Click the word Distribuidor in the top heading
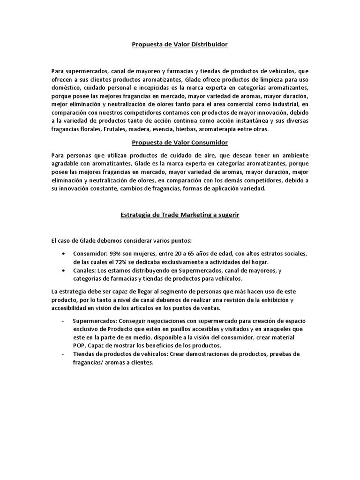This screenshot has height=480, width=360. point(209,45)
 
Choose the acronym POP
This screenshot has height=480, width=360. point(79,345)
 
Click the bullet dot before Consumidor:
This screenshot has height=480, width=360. point(63,254)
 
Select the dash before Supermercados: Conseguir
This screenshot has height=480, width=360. point(63,320)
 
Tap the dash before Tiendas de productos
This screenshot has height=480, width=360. point(63,354)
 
